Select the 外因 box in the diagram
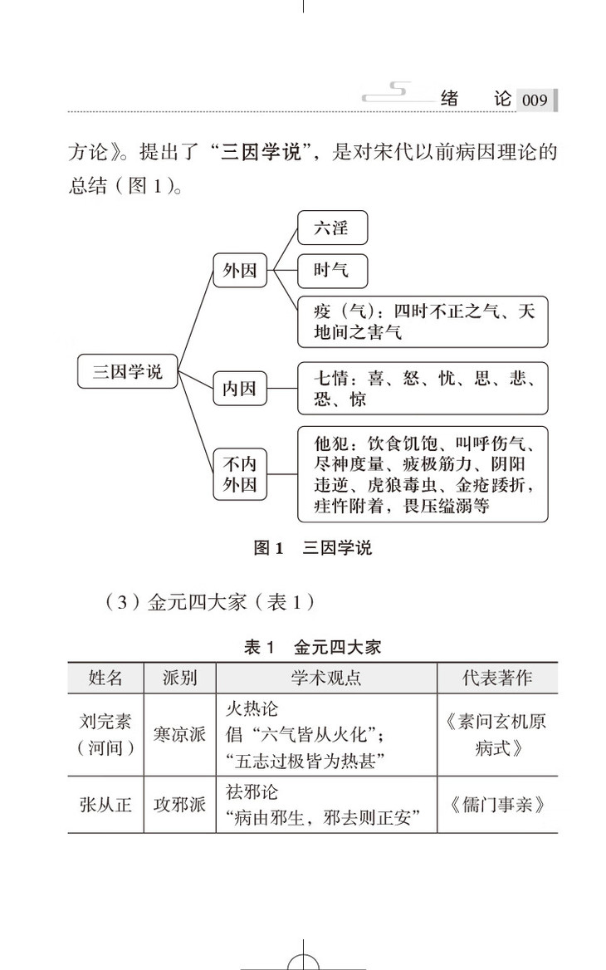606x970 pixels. click(240, 270)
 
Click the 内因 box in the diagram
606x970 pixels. click(240, 388)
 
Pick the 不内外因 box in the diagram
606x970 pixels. click(240, 474)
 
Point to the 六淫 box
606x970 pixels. click(332, 228)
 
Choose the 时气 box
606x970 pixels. click(332, 270)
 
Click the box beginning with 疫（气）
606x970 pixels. click(423, 323)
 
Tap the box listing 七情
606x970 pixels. click(423, 388)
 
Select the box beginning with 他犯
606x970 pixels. click(423, 473)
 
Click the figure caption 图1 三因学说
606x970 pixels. click(312, 548)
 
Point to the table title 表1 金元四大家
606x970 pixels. click(312, 647)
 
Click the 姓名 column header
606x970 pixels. click(105, 678)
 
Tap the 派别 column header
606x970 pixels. click(180, 678)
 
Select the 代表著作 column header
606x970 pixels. click(497, 678)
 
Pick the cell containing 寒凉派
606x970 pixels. click(180, 735)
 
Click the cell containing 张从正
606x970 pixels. click(105, 805)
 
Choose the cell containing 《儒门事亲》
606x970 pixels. click(497, 805)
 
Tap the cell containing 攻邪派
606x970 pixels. click(180, 805)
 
